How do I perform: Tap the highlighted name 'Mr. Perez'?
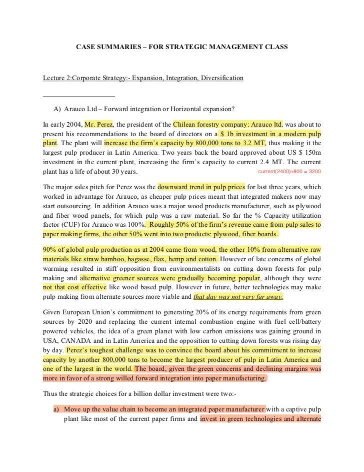pyautogui.click(x=99, y=124)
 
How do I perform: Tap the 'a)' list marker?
pyautogui.click(x=56, y=409)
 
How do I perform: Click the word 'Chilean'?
pyautogui.click(x=187, y=124)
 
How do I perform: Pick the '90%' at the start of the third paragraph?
pyautogui.click(x=50, y=249)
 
